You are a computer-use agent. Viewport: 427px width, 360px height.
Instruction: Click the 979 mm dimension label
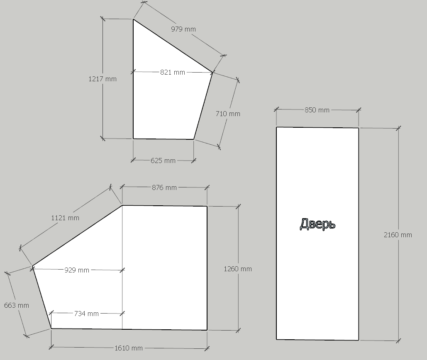(183, 29)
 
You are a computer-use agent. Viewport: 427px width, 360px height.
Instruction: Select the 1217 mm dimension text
(102, 79)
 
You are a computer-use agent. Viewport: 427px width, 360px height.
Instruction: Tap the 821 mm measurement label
(172, 73)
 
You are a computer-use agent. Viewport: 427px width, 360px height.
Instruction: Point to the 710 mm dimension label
(228, 114)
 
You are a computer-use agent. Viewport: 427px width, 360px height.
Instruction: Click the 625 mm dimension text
(163, 161)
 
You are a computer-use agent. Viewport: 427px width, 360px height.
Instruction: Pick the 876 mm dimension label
(164, 187)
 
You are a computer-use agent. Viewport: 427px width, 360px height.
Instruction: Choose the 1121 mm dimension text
(65, 218)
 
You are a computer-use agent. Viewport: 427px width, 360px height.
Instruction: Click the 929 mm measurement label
(77, 270)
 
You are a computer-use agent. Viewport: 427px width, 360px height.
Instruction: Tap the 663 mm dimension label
(16, 305)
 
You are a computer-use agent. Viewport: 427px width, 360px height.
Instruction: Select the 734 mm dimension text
(86, 314)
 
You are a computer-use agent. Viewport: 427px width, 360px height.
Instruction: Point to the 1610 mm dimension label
(129, 348)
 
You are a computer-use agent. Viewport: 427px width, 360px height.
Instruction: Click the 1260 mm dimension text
(238, 269)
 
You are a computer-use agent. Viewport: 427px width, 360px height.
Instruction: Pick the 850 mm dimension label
(317, 110)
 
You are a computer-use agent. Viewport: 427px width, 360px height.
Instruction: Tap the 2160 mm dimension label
(398, 235)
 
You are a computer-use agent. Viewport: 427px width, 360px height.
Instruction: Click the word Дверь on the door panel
(317, 224)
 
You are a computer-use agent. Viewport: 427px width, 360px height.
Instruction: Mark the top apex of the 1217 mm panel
(133, 19)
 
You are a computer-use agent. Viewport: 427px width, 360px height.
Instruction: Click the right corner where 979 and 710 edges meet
(212, 73)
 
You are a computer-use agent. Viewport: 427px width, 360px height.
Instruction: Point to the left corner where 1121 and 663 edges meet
(32, 266)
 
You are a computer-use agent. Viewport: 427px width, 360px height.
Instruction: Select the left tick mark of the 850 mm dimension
(276, 109)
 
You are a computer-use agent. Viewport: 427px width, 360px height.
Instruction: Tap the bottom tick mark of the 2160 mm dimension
(399, 341)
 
